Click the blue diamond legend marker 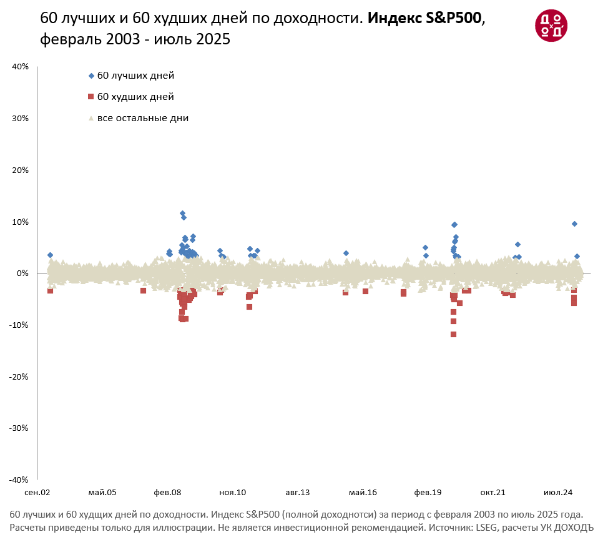click(91, 76)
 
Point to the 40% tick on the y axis click(21, 67)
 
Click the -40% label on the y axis click(19, 480)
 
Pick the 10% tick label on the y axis click(21, 222)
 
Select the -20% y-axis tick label click(19, 377)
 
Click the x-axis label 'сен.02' click(37, 493)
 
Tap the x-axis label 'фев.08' click(167, 493)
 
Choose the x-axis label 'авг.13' click(298, 493)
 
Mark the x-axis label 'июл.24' click(557, 493)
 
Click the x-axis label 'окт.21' click(493, 493)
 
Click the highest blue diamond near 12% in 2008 click(182, 214)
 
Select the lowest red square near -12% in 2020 click(453, 335)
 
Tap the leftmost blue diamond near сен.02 click(50, 255)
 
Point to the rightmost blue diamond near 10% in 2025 click(574, 224)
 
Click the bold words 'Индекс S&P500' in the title click(424, 18)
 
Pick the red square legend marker click(91, 97)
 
